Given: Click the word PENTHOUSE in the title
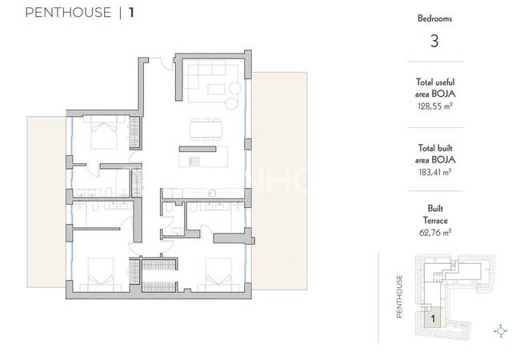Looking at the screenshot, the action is click(68, 13).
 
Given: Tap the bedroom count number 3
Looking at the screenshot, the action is click(434, 41).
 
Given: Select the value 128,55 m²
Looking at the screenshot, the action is click(435, 106).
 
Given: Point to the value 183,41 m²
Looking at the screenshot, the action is click(435, 172).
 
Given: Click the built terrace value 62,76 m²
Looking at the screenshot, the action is click(435, 233).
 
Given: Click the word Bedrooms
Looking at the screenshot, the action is click(434, 18).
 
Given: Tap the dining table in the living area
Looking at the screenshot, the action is click(206, 130).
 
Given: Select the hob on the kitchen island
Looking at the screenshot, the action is click(194, 162).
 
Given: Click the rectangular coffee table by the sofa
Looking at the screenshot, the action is click(216, 89).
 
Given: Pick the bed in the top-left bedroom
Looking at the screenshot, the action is click(104, 132).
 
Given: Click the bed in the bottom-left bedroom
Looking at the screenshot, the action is click(101, 275).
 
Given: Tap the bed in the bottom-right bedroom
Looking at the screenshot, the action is click(218, 275).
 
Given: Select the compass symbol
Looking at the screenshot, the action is click(501, 331).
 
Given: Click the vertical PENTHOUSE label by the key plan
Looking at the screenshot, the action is click(399, 296).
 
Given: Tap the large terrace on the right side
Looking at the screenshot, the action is click(279, 181).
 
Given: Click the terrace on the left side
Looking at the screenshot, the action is click(46, 202).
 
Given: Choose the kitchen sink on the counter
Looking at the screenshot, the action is click(212, 193).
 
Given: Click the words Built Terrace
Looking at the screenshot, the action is click(435, 214).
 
